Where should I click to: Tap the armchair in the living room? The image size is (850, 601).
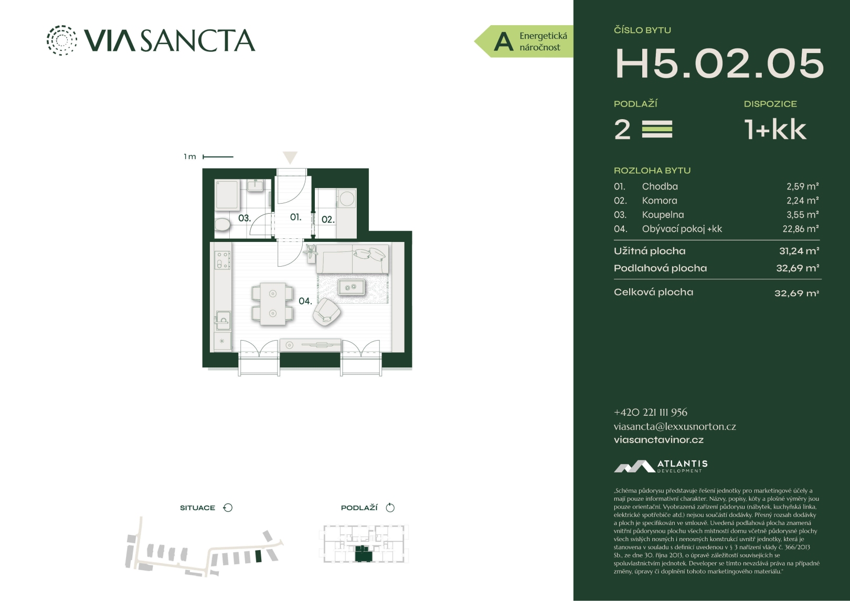point(326,312)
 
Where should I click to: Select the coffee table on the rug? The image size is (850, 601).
point(352,287)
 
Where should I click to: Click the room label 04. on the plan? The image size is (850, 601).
point(305,301)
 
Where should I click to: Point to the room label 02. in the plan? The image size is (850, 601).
point(328,219)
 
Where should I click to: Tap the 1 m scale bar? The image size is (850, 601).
point(218,156)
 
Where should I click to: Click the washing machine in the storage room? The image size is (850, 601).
point(346,198)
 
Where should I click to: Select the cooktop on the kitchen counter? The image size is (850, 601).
point(222,260)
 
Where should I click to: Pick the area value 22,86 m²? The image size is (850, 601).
point(801,229)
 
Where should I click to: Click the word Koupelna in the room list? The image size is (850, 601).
point(663,215)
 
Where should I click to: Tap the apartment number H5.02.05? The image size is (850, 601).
point(719,64)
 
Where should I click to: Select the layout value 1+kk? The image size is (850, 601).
point(775,130)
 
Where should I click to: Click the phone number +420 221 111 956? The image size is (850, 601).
point(651,413)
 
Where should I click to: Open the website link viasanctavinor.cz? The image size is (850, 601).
point(659,440)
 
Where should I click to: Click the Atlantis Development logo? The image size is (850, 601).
point(661,467)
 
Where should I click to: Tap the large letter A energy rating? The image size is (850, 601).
point(504,42)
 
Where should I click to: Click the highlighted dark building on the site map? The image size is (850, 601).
point(259,556)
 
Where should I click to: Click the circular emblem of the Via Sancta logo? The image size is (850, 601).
point(61,40)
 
